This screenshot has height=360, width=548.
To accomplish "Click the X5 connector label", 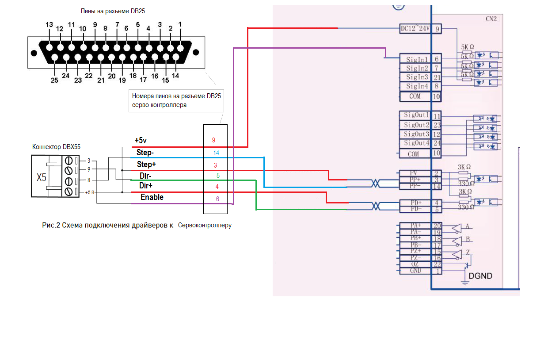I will [x=41, y=177].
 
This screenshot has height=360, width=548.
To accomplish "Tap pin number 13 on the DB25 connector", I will [x=49, y=25].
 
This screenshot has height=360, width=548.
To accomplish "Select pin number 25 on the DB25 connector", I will [x=54, y=80].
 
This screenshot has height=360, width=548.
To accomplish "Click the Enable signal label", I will [x=152, y=197].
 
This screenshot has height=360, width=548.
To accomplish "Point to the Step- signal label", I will [x=145, y=153].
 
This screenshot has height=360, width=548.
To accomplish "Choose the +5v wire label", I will [x=141, y=141].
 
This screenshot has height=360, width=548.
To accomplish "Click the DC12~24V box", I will [x=415, y=29].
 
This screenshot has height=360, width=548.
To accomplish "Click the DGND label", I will [x=480, y=276].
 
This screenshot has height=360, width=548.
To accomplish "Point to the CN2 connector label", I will [x=491, y=19].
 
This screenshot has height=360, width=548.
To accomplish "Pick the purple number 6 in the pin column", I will [x=217, y=199].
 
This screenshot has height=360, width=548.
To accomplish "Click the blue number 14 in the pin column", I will [x=216, y=153].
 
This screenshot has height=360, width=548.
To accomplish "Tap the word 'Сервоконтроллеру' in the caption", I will [x=205, y=225].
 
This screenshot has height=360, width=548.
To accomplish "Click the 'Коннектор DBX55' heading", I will [x=57, y=147].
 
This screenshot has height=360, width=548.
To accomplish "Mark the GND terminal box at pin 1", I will [x=415, y=271].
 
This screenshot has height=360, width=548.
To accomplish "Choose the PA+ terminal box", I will [x=415, y=226].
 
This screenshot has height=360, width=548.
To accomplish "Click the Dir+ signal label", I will [x=145, y=186].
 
